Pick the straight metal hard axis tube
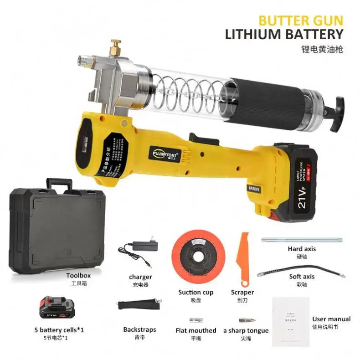click(301, 239)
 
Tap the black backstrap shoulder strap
click(140, 304)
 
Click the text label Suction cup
click(195, 292)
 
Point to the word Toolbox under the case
click(78, 275)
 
